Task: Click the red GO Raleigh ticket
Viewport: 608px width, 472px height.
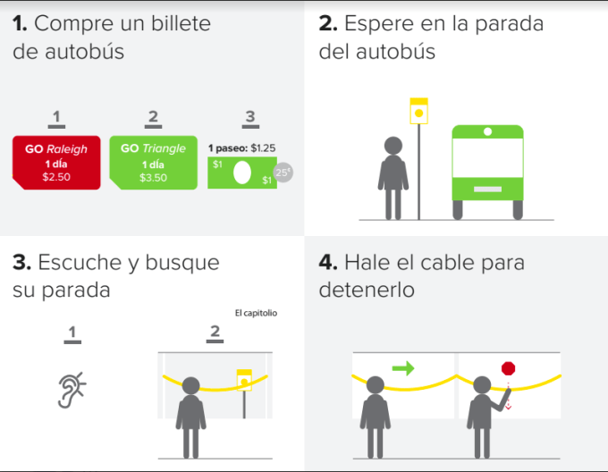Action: [56, 163]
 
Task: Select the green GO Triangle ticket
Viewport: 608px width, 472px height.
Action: [154, 163]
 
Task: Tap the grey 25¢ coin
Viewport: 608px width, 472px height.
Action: [283, 173]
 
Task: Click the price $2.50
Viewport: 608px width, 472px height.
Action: [56, 177]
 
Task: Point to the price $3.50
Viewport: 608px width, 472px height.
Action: [154, 178]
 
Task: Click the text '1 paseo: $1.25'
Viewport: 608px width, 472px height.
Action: [242, 148]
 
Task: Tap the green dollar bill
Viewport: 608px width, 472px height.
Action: [242, 173]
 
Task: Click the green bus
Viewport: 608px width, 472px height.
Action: [488, 172]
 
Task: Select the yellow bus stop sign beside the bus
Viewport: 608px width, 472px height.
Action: [418, 111]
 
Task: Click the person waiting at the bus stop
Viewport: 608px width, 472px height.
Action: [393, 178]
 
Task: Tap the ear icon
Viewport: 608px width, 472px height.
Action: [72, 390]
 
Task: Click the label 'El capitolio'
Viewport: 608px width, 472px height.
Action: [256, 313]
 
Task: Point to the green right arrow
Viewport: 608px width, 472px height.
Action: [403, 367]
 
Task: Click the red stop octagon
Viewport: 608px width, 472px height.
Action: [509, 368]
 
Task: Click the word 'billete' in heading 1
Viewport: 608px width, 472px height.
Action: [181, 23]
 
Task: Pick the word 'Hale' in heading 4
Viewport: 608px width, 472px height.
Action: [367, 262]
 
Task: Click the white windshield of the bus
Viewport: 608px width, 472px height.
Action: [488, 157]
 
